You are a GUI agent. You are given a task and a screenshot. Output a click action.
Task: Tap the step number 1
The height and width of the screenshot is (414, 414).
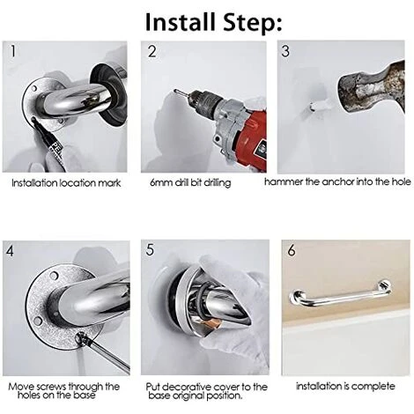click(x=12, y=51)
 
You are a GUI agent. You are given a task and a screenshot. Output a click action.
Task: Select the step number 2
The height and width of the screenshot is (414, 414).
click(x=152, y=51)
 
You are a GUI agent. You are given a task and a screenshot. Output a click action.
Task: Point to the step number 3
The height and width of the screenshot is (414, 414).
click(x=285, y=51)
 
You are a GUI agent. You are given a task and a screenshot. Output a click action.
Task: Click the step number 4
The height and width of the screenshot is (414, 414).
click(x=10, y=251)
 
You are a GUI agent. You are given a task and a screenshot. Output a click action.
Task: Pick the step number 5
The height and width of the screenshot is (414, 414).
click(x=150, y=250)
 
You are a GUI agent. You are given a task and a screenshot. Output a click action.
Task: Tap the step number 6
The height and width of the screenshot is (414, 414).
click(x=292, y=250)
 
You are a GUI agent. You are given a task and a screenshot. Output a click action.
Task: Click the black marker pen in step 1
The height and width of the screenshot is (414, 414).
click(x=48, y=144)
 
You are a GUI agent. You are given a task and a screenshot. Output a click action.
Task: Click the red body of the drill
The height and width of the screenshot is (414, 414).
click(x=253, y=139)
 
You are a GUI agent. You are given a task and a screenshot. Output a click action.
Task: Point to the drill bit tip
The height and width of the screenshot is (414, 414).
click(x=175, y=91)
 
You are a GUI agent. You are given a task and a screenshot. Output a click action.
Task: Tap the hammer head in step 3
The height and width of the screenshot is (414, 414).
click(x=373, y=87)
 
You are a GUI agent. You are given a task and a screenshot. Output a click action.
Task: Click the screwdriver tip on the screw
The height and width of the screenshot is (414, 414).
click(x=80, y=338)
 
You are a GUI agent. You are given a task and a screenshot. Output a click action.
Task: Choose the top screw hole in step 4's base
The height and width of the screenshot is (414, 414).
click(x=54, y=276)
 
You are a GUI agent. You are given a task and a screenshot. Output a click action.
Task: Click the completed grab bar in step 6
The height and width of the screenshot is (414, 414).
click(x=341, y=295)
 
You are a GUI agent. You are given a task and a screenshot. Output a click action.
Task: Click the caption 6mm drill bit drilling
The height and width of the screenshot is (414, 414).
click(x=190, y=182)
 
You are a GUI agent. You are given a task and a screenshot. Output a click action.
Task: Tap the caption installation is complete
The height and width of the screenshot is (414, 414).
click(x=345, y=386)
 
